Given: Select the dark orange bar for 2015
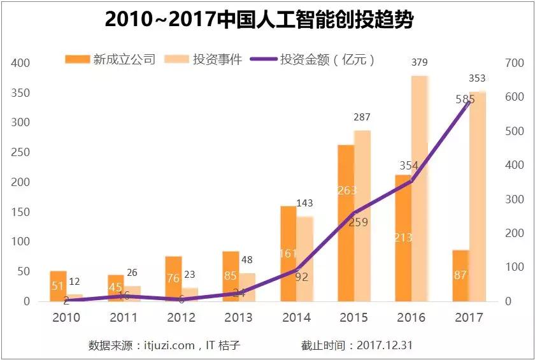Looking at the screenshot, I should (x=346, y=223).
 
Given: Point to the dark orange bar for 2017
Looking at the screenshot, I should (x=460, y=275).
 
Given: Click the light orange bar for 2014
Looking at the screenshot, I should (x=304, y=259).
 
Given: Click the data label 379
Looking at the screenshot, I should (x=419, y=62).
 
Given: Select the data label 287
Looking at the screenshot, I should (x=362, y=117).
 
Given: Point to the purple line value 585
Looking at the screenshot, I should (x=465, y=99).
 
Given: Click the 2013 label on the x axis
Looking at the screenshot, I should (x=239, y=317).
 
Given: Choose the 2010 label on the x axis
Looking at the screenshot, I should (x=66, y=317).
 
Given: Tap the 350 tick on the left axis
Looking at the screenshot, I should (x=21, y=93).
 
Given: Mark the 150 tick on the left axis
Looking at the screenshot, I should (x=21, y=212).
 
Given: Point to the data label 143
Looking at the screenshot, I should (x=305, y=203).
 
